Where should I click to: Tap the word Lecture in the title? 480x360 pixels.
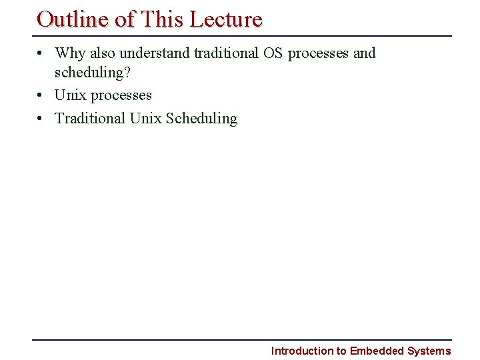pos(226,19)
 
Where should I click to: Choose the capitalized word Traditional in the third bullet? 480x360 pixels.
pos(90,118)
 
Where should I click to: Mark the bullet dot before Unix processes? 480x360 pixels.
pos(41,96)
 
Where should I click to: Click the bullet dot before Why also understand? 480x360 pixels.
pos(41,53)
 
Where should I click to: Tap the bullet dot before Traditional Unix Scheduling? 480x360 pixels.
pos(41,119)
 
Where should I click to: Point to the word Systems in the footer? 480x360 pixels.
pos(429,351)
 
